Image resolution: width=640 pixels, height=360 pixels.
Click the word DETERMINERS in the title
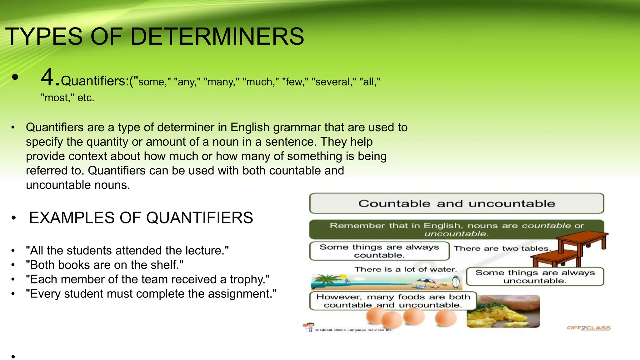(x=217, y=37)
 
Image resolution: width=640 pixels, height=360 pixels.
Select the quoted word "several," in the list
(x=334, y=82)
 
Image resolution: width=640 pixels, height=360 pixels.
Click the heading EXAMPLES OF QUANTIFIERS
(x=141, y=218)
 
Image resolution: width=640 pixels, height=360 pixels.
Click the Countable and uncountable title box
(x=456, y=203)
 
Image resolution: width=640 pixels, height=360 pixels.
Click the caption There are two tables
(x=502, y=249)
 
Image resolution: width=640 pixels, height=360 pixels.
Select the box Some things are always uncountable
(x=535, y=277)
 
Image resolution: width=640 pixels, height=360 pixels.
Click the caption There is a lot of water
(x=405, y=269)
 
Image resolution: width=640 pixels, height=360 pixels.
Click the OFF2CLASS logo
(x=588, y=328)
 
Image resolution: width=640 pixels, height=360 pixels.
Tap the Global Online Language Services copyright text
(x=353, y=330)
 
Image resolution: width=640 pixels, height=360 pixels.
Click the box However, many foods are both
(x=393, y=301)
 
